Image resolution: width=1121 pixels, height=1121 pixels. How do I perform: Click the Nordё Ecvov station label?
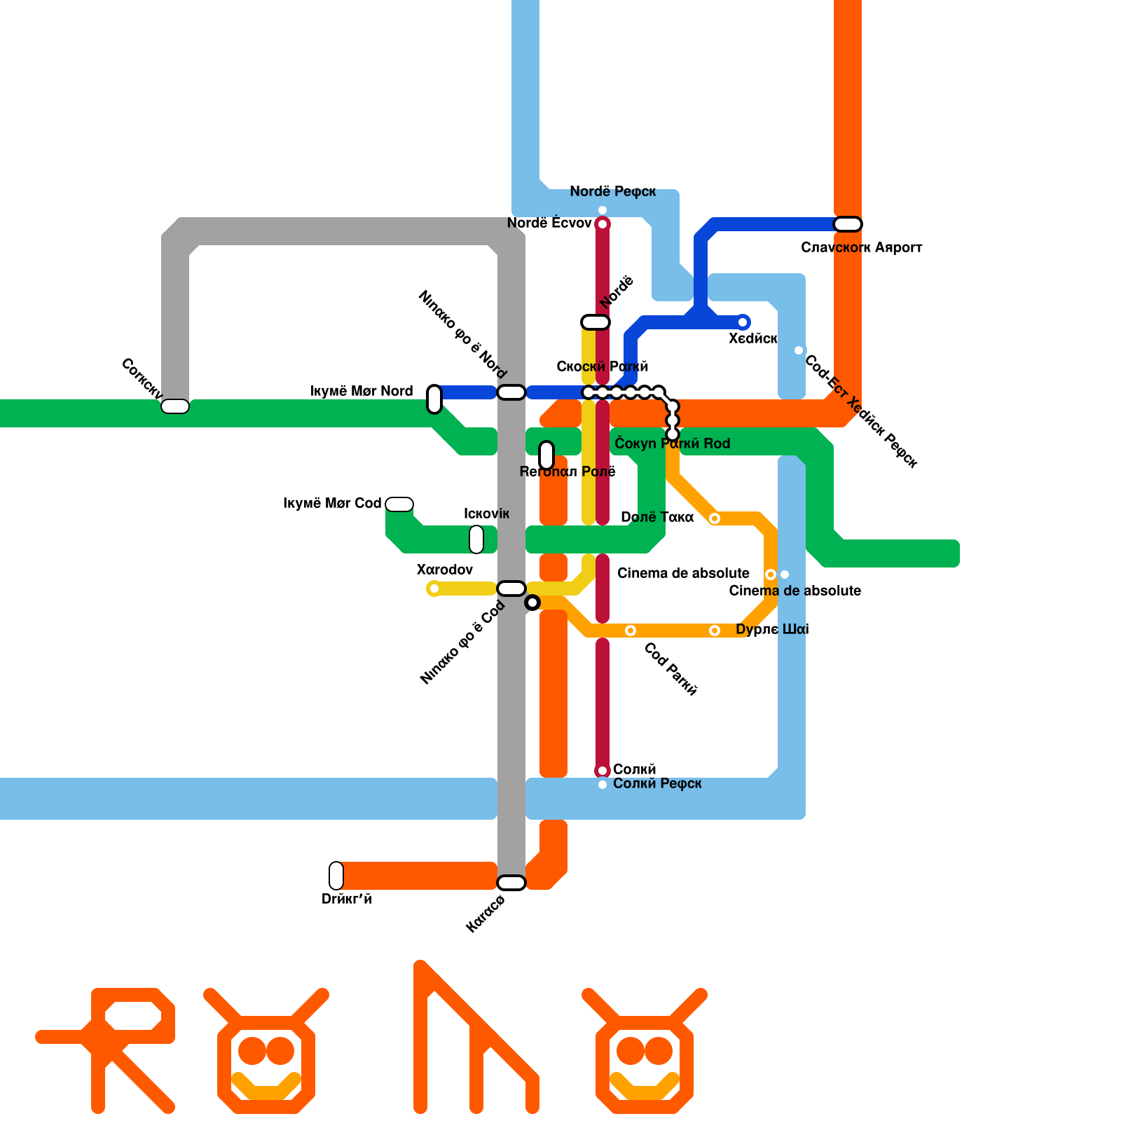point(549,223)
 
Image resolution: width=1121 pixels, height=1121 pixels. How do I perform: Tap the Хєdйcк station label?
point(752,338)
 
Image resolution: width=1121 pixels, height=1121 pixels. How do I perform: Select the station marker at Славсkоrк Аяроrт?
point(847,224)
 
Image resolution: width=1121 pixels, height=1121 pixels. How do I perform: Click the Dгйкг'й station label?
point(346,899)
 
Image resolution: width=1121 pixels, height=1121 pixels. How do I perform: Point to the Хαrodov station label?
point(444,570)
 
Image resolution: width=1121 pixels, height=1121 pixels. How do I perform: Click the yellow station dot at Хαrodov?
point(434,589)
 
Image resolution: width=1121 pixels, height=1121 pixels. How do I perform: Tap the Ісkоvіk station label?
point(486,514)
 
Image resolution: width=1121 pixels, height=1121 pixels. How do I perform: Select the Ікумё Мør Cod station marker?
point(399,504)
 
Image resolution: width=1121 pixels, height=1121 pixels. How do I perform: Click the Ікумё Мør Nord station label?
point(362,391)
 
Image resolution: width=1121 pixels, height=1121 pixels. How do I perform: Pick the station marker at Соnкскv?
point(175,406)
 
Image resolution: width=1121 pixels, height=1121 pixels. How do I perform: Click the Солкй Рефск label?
point(657,783)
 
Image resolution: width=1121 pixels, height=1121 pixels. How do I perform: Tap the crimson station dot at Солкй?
point(603,771)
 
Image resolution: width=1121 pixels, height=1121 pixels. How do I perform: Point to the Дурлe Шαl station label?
point(772,629)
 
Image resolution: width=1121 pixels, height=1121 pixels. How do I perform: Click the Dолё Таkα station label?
point(657,517)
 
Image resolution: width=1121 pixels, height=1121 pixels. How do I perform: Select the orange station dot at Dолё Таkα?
point(715,518)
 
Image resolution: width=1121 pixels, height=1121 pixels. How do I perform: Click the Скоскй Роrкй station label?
point(603,366)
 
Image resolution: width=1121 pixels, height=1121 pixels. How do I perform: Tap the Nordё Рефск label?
point(612,191)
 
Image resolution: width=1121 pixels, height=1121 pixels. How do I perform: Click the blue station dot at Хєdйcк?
point(743,322)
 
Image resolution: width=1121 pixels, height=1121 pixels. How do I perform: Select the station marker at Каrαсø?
point(511,883)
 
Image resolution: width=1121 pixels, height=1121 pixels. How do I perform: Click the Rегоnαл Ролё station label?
point(568,472)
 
